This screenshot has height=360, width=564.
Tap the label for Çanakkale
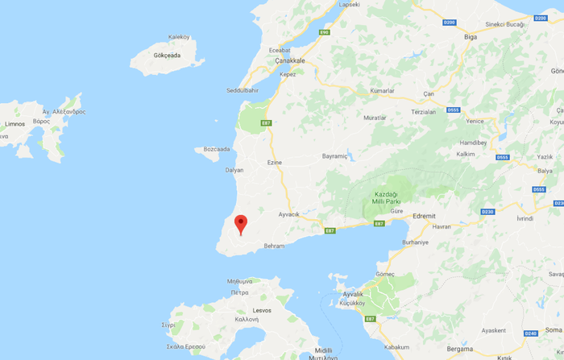coord(292,60)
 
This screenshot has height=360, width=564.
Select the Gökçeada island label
coord(163,56)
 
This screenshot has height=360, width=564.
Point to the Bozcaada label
coord(217,149)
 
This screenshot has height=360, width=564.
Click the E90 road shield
coord(324,32)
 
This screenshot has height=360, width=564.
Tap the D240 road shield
coord(530,333)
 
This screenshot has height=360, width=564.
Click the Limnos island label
coord(14,124)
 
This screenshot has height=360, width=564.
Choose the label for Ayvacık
coord(288,214)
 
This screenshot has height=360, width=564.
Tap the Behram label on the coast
coord(274,246)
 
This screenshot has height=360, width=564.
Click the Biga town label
coord(471,37)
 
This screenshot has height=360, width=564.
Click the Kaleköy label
coord(178,37)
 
